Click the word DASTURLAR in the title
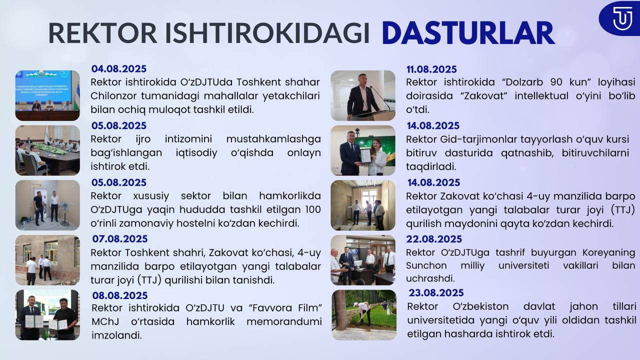pyautogui.click(x=468, y=33)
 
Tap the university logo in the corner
pyautogui.click(x=620, y=18)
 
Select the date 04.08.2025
pyautogui.click(x=119, y=69)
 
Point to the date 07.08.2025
pyautogui.click(x=120, y=239)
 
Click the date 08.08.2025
pyautogui.click(x=120, y=295)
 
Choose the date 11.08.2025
pyautogui.click(x=431, y=69)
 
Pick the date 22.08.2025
pyautogui.click(x=434, y=239)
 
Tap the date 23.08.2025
pyautogui.click(x=436, y=293)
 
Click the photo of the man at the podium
pyautogui.click(x=363, y=95)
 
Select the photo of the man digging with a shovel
pyautogui.click(x=364, y=315)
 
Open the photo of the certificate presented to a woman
pyautogui.click(x=363, y=150)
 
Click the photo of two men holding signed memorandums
pyautogui.click(x=47, y=315)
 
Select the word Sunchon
pyautogui.click(x=426, y=265)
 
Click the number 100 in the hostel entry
pyautogui.click(x=313, y=209)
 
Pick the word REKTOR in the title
pyautogui.click(x=103, y=33)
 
